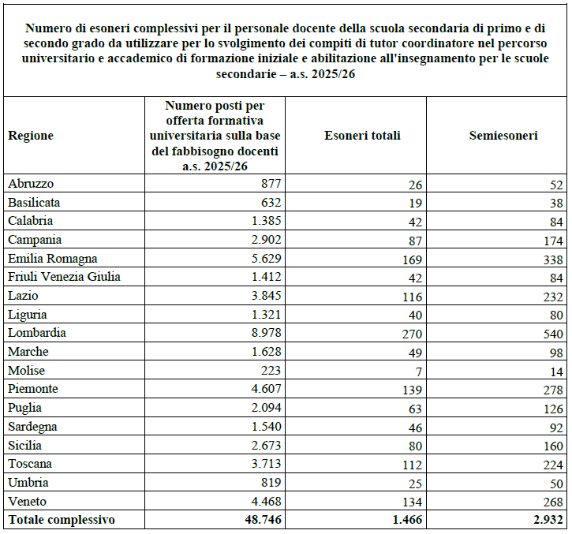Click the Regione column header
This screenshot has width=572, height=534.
(x=31, y=136)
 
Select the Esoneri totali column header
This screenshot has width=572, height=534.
(x=362, y=136)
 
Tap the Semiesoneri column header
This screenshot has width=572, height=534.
(x=503, y=136)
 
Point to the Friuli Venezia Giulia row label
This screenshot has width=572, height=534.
(x=64, y=277)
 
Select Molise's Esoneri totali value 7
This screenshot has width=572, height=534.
(x=419, y=372)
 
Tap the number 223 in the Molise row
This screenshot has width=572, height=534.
(x=269, y=370)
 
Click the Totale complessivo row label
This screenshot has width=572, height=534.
(x=62, y=520)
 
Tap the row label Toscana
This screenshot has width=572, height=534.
(x=30, y=464)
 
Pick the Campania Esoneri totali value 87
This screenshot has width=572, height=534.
(x=416, y=241)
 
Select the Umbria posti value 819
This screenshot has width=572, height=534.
(x=269, y=483)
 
